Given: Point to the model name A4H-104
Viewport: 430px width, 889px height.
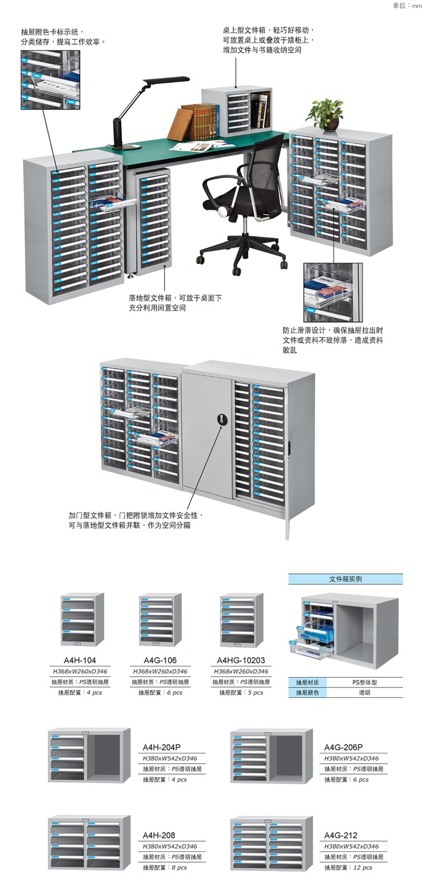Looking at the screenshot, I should (x=80, y=661).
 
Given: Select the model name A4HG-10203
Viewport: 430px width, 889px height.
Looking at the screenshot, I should (x=241, y=661).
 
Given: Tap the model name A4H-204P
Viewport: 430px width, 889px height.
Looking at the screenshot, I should (x=161, y=747).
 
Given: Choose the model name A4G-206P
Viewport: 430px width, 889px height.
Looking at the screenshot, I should (x=343, y=747).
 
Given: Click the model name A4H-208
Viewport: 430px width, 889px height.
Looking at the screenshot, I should (x=159, y=835).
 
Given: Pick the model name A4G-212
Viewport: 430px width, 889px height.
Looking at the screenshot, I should (x=341, y=835).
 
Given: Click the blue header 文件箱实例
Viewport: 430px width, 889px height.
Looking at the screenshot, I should (x=345, y=579).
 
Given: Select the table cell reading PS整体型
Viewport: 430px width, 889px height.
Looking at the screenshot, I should (x=364, y=683).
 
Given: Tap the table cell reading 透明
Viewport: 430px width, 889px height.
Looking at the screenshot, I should (x=364, y=693).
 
